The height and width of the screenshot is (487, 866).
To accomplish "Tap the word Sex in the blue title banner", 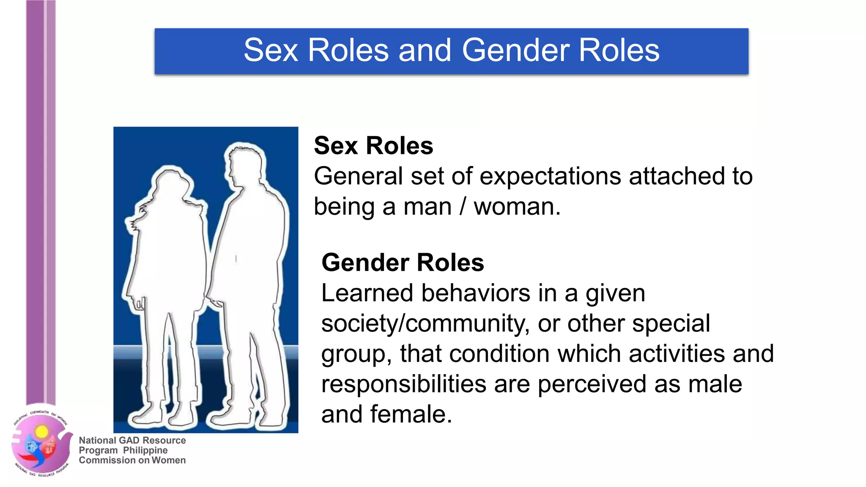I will [271, 51].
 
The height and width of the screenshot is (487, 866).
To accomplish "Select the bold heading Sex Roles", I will [373, 146].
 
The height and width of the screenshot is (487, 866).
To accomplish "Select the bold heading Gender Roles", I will [403, 263].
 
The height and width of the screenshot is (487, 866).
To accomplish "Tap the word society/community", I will [425, 324].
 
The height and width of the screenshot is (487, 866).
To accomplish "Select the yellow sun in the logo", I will [41, 432].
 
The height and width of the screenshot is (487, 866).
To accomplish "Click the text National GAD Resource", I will [132, 440].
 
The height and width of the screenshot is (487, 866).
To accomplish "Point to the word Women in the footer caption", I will [168, 460].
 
